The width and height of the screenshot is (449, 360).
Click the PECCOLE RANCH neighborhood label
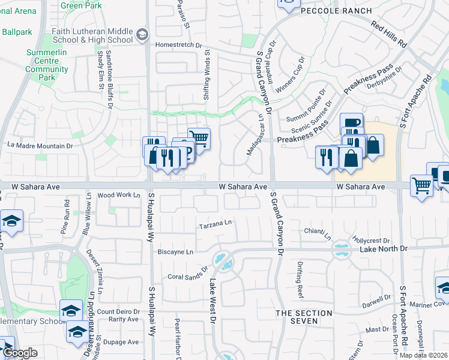pyautogui.click(x=336, y=11)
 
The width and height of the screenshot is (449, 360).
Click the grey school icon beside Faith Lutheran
pyautogui.click(x=142, y=34)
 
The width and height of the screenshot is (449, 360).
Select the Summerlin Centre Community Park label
pyautogui.click(x=47, y=65)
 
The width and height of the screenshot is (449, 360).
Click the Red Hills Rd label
pyautogui.click(x=389, y=35)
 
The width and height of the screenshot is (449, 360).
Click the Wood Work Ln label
pyautogui.click(x=118, y=195)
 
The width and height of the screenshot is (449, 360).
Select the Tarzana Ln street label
pyautogui.click(x=215, y=224)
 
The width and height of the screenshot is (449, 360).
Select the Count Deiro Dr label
pyautogui.click(x=118, y=311)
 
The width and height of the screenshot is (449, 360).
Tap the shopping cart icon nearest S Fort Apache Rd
pyautogui.click(x=421, y=185)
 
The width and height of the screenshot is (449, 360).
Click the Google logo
pyautogui.click(x=20, y=353)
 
